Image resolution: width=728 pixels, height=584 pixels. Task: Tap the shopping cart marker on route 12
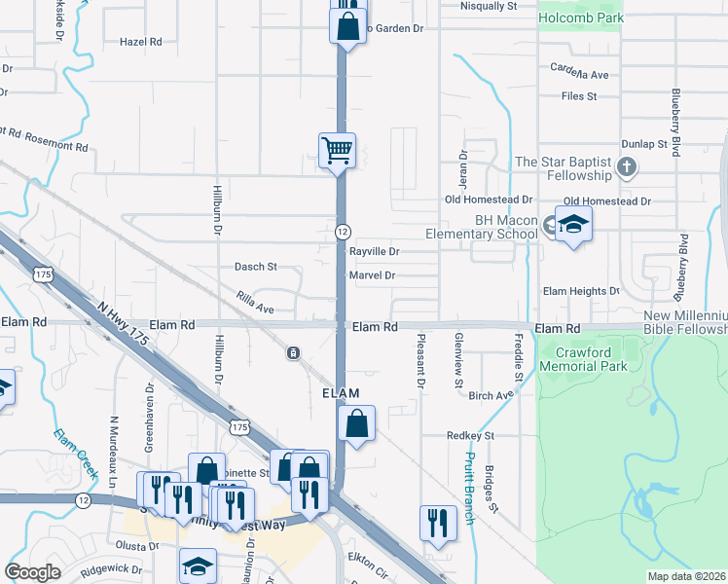[337, 151]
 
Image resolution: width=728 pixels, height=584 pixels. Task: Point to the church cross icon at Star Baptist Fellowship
[627, 167]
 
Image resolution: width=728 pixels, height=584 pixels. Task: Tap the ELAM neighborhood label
[342, 393]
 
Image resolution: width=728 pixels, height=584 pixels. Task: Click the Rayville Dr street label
[375, 251]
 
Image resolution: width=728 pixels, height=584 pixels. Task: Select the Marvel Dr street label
[372, 275]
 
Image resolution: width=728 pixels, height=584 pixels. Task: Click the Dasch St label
[256, 266]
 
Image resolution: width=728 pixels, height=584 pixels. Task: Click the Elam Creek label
[75, 454]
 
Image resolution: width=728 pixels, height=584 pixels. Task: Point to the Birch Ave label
[490, 395]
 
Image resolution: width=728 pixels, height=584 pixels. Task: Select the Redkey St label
[471, 435]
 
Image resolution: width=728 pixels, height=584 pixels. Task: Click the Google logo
[32, 572]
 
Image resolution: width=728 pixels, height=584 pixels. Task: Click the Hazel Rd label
[140, 42]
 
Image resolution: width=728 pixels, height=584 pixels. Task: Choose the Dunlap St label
[653, 143]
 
